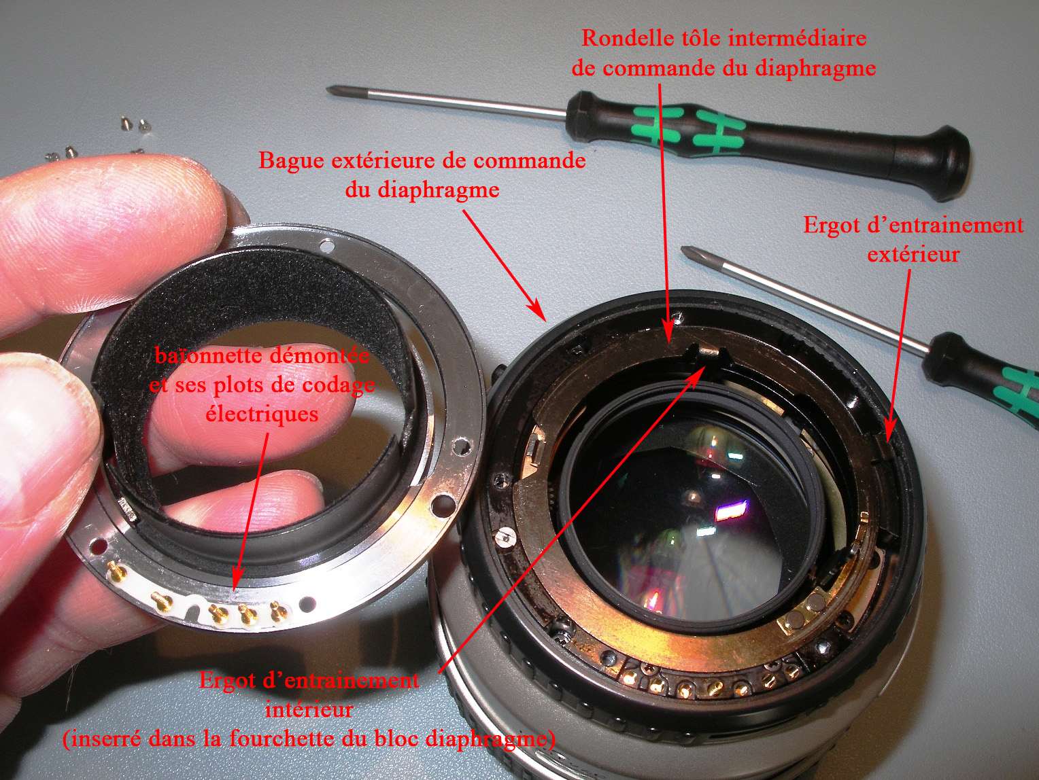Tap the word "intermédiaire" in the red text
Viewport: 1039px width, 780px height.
798,38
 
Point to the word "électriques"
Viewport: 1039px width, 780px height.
262,414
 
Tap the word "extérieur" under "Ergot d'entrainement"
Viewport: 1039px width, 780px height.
913,255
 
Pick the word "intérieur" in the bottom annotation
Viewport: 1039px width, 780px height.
309,709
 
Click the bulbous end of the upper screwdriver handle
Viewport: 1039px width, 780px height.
940,163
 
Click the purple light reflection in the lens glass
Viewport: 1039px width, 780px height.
732,512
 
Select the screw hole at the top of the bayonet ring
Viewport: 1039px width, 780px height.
326,245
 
